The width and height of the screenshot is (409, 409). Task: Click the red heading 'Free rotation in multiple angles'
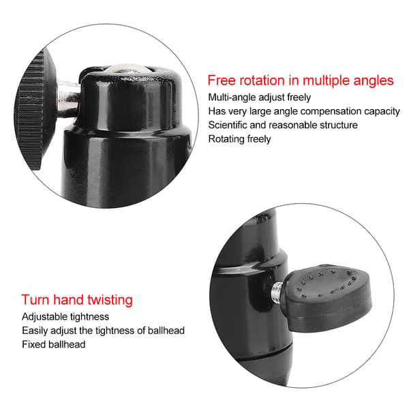click(301, 80)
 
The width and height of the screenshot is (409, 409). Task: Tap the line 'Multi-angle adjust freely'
click(260, 97)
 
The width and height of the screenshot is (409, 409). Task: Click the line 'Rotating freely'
click(239, 139)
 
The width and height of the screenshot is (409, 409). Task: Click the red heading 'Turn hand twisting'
click(77, 300)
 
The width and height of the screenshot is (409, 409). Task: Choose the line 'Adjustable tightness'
click(65, 317)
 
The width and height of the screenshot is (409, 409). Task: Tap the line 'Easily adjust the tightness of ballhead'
click(104, 331)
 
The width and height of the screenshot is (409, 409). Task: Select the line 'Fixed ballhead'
click(54, 344)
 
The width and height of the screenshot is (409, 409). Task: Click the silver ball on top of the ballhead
click(127, 69)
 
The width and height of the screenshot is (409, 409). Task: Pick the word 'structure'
click(339, 125)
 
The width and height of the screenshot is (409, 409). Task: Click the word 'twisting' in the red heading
click(110, 300)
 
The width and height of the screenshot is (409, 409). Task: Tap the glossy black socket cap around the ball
click(130, 99)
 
